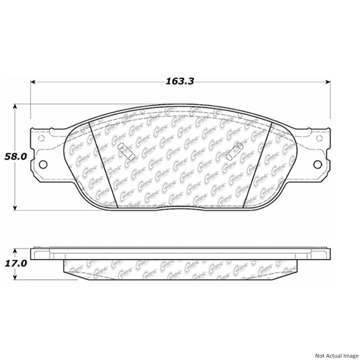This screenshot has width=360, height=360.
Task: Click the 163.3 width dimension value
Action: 180,81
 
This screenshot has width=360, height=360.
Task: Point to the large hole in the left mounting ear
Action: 43,164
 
